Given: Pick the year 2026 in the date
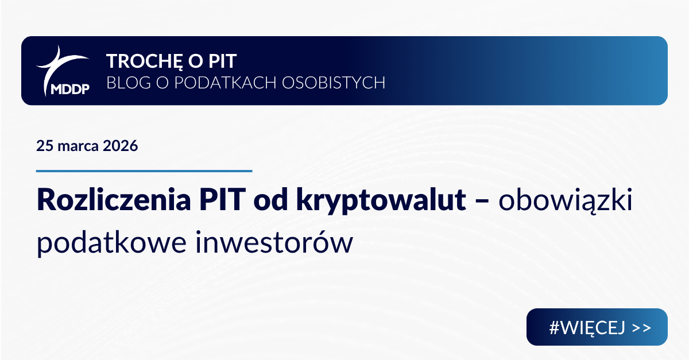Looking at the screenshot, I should tap(121, 146).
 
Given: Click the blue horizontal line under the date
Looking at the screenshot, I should tap(144, 171).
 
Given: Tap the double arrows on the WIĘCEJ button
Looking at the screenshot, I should tap(642, 328).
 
